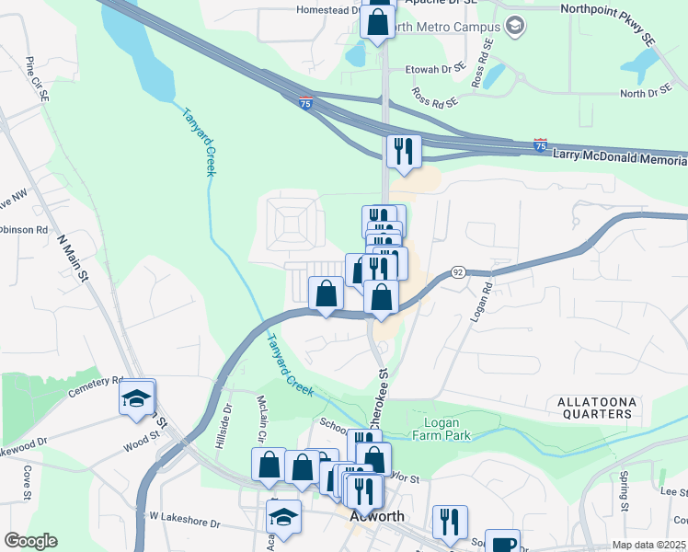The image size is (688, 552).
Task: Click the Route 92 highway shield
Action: (457, 273)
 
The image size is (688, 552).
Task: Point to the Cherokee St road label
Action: (379, 400)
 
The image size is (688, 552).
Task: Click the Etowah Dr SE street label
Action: (433, 67)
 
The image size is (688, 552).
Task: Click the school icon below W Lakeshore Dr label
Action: (283, 518)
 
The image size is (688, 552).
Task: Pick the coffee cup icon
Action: (502, 542)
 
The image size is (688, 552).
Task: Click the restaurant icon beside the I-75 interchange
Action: (404, 151)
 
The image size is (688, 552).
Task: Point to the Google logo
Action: (30, 541)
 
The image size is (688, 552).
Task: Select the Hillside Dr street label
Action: (222, 430)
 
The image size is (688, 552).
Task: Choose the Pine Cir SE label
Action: (34, 74)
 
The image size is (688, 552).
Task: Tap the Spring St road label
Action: (624, 492)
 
